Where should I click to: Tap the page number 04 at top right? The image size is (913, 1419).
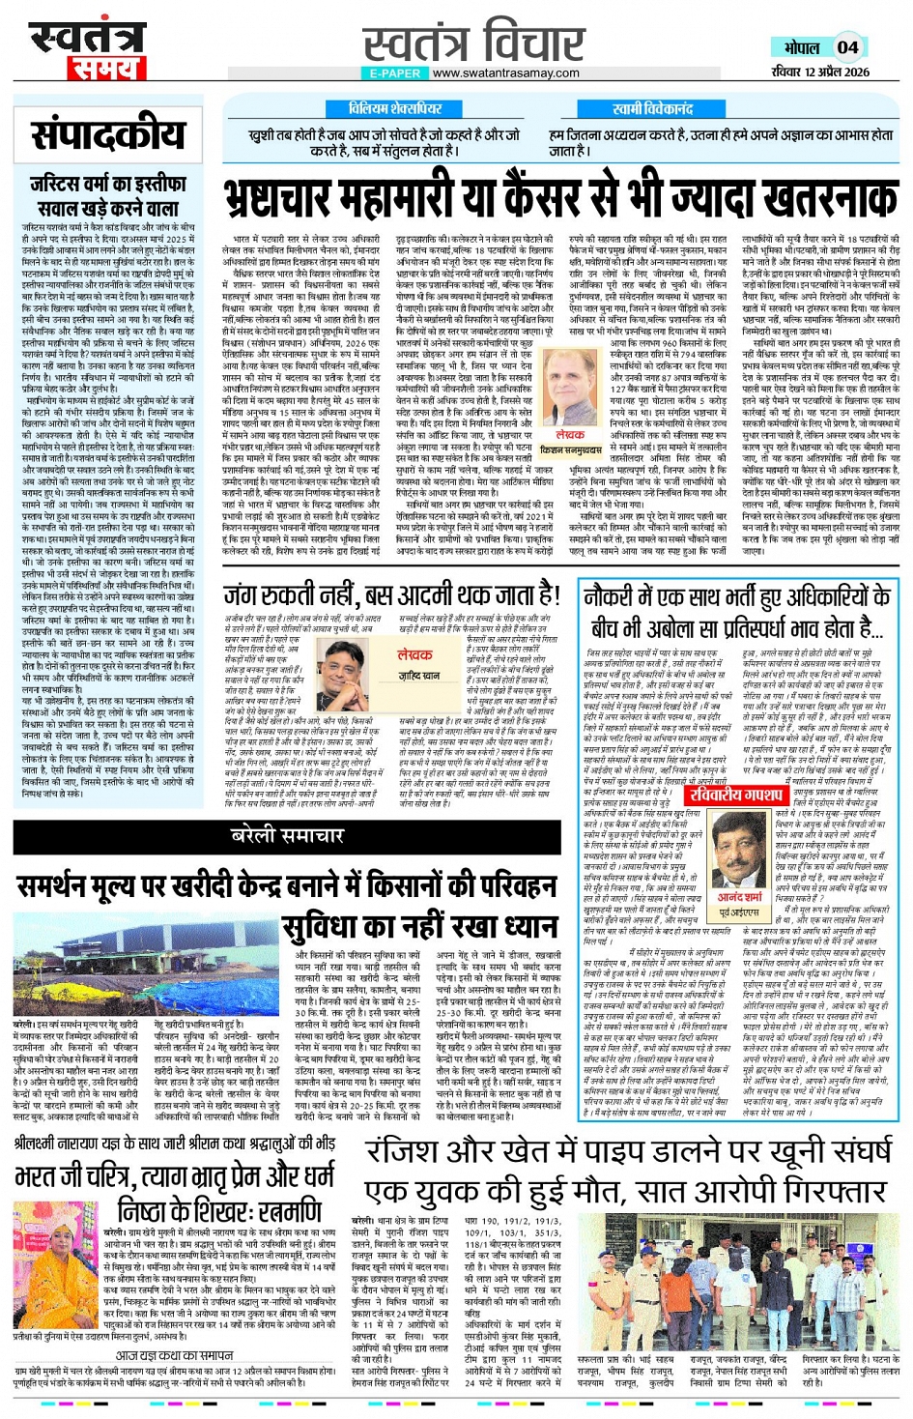847,47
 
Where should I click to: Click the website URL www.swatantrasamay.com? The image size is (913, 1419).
506,73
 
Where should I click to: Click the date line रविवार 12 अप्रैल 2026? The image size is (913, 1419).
820,72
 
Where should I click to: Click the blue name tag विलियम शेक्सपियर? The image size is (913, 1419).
396,108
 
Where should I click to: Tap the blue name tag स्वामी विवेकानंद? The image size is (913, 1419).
652,108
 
